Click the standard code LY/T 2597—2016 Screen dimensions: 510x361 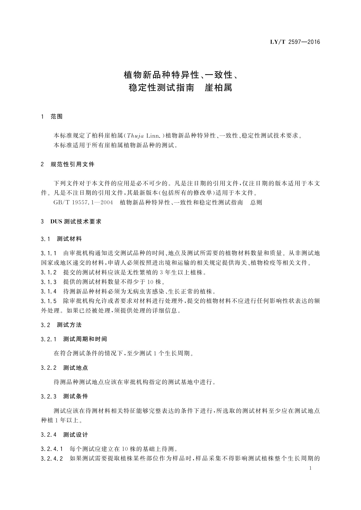295,42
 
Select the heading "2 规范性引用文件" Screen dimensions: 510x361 68,164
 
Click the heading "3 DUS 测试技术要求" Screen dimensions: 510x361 71,221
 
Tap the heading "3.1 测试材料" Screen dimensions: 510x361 61,239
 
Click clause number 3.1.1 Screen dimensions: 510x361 48,253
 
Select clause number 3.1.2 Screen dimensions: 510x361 48,272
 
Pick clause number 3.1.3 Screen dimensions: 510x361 48,282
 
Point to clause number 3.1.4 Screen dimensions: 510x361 48,292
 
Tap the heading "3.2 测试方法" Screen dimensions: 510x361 61,325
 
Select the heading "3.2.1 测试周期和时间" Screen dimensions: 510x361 74,339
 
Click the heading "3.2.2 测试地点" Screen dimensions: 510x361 64,368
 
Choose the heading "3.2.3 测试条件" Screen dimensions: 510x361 64,396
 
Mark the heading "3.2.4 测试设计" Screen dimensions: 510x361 64,435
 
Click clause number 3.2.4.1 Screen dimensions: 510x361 52,449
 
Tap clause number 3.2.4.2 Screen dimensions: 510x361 52,459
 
